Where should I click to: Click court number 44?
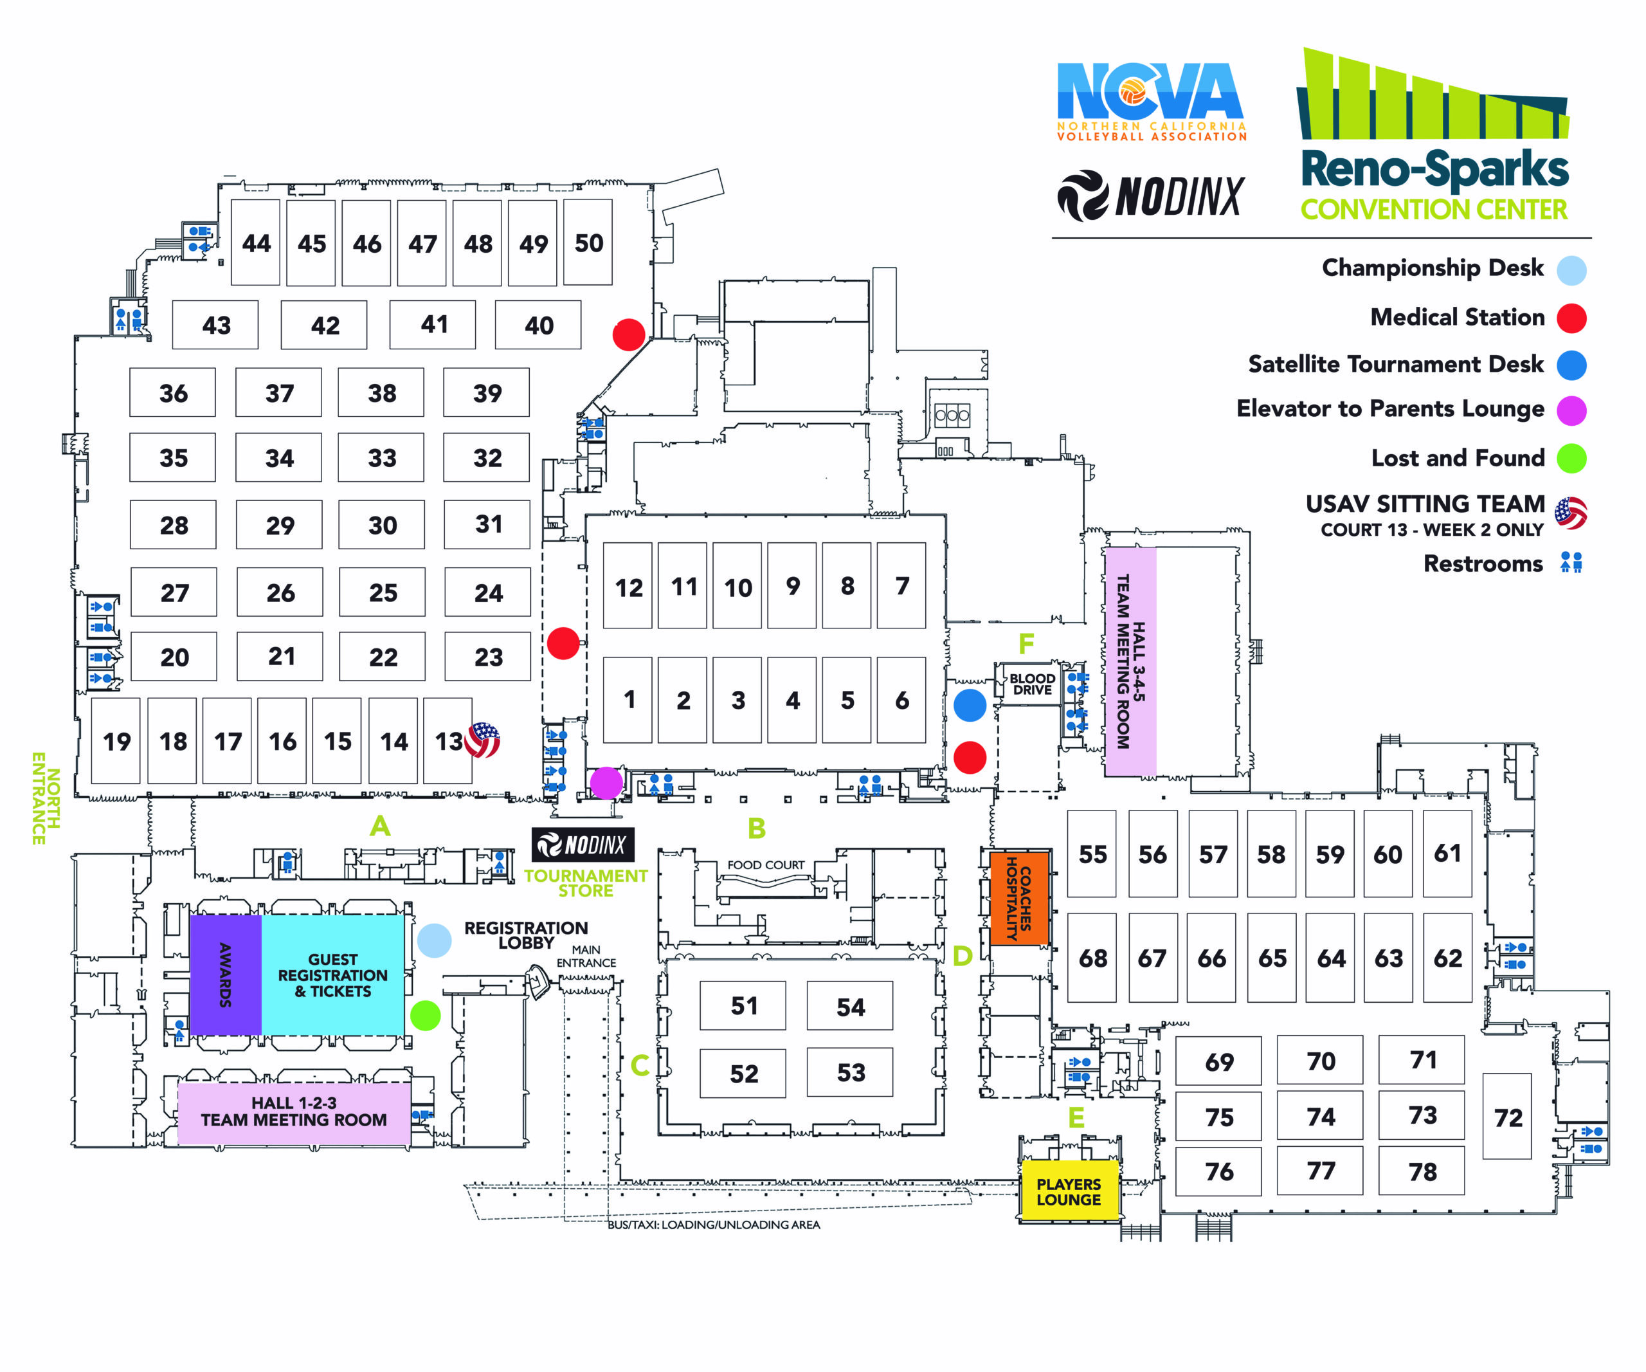click(x=257, y=243)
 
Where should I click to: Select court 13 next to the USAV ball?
click(x=448, y=741)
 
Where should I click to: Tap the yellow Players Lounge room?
click(x=1069, y=1192)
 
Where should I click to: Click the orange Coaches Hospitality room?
click(x=1019, y=898)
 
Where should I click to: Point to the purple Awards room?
click(x=225, y=974)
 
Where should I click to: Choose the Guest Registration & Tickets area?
click(x=332, y=974)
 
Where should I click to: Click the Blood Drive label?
click(x=1031, y=684)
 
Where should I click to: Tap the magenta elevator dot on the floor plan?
click(x=606, y=782)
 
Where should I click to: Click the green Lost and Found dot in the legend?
click(x=1571, y=458)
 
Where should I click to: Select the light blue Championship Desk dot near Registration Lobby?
click(x=434, y=940)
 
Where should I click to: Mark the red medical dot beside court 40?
click(x=629, y=334)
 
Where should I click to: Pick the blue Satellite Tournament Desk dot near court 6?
click(x=970, y=705)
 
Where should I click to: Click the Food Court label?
click(x=765, y=864)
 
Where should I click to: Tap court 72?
click(x=1507, y=1117)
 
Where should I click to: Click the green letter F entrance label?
click(x=1026, y=644)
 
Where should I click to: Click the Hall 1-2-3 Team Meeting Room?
click(x=294, y=1111)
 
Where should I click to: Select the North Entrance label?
click(x=46, y=798)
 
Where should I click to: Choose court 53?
click(x=851, y=1072)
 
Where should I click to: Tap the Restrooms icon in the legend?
click(x=1571, y=563)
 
